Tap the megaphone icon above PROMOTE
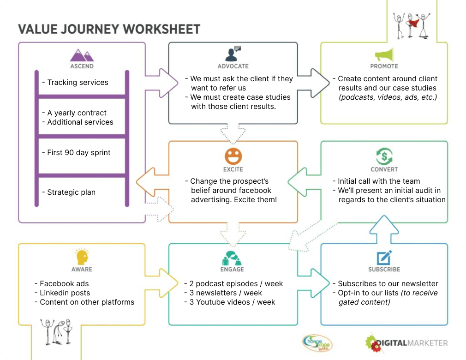384,55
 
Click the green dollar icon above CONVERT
384,156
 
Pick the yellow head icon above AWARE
82,257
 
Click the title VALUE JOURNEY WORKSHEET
109,30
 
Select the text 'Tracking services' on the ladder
78,82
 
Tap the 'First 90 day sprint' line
79,152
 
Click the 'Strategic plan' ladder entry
72,192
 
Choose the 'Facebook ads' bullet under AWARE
64,283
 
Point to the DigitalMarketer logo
406,343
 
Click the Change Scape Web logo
317,343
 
